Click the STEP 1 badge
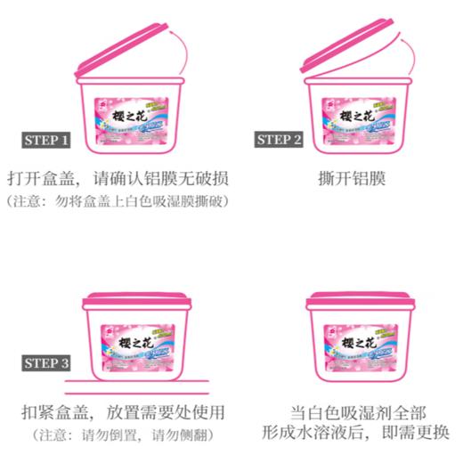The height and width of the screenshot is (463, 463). (x=46, y=140)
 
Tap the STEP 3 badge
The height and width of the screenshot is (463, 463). (x=46, y=363)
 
